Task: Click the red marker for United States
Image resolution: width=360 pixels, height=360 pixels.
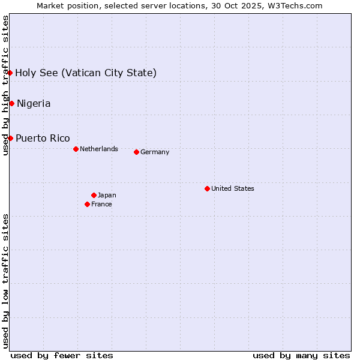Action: pyautogui.click(x=207, y=188)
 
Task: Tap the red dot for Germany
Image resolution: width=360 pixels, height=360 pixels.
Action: pyautogui.click(x=136, y=152)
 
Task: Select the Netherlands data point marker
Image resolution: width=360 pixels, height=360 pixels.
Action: pyautogui.click(x=76, y=149)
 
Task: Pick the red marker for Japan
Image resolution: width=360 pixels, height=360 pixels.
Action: pyautogui.click(x=94, y=195)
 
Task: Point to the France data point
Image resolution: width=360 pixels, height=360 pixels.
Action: pyautogui.click(x=87, y=204)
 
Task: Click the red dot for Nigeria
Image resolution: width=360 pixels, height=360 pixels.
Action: pyautogui.click(x=11, y=103)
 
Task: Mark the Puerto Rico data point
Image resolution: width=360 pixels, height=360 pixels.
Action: pyautogui.click(x=10, y=138)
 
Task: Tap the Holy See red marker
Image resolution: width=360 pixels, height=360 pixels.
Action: pyautogui.click(x=10, y=73)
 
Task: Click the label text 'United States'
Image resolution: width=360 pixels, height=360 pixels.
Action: pyautogui.click(x=233, y=188)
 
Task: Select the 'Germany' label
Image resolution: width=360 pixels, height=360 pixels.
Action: pyautogui.click(x=155, y=152)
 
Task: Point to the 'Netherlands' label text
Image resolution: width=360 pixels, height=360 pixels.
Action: pyautogui.click(x=99, y=149)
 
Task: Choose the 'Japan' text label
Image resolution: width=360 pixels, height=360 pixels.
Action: pyautogui.click(x=107, y=195)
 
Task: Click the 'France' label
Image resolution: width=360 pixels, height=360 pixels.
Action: pyautogui.click(x=101, y=204)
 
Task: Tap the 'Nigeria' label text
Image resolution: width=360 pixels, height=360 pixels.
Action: pyautogui.click(x=34, y=103)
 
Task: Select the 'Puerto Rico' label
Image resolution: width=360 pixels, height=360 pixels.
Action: pyautogui.click(x=43, y=138)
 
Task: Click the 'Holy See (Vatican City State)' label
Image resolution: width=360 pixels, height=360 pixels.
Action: pyautogui.click(x=86, y=73)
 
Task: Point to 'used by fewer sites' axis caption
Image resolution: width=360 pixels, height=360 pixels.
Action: pyautogui.click(x=62, y=355)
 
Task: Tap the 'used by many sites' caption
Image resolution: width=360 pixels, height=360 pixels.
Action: pyautogui.click(x=301, y=355)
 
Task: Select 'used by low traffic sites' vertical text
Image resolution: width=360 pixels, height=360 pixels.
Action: pyautogui.click(x=5, y=280)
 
